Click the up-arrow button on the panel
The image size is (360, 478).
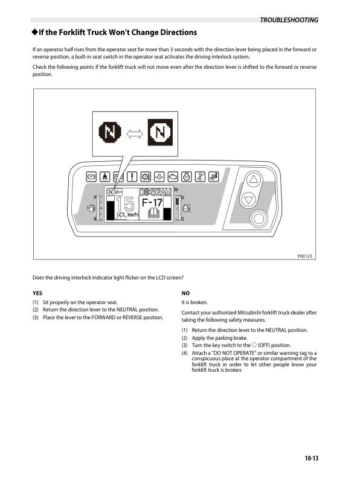(254, 180)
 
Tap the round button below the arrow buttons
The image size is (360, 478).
(259, 218)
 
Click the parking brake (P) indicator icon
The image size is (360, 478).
(92, 176)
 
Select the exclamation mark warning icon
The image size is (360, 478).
(132, 176)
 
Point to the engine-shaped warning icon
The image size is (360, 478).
(173, 176)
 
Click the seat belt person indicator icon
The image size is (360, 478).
(105, 176)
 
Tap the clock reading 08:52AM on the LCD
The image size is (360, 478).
(155, 192)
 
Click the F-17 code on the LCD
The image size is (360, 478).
(152, 202)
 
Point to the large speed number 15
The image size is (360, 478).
(125, 203)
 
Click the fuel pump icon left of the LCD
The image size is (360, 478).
(91, 208)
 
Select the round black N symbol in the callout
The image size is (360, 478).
(110, 132)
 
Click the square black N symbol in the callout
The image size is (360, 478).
(160, 132)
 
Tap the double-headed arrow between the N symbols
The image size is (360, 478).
(135, 133)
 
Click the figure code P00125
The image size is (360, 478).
(305, 256)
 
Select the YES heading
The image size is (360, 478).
(37, 293)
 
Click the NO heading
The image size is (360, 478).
(185, 293)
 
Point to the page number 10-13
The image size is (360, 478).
(311, 458)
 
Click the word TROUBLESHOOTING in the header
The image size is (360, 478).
(289, 20)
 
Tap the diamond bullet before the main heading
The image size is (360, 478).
(35, 32)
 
